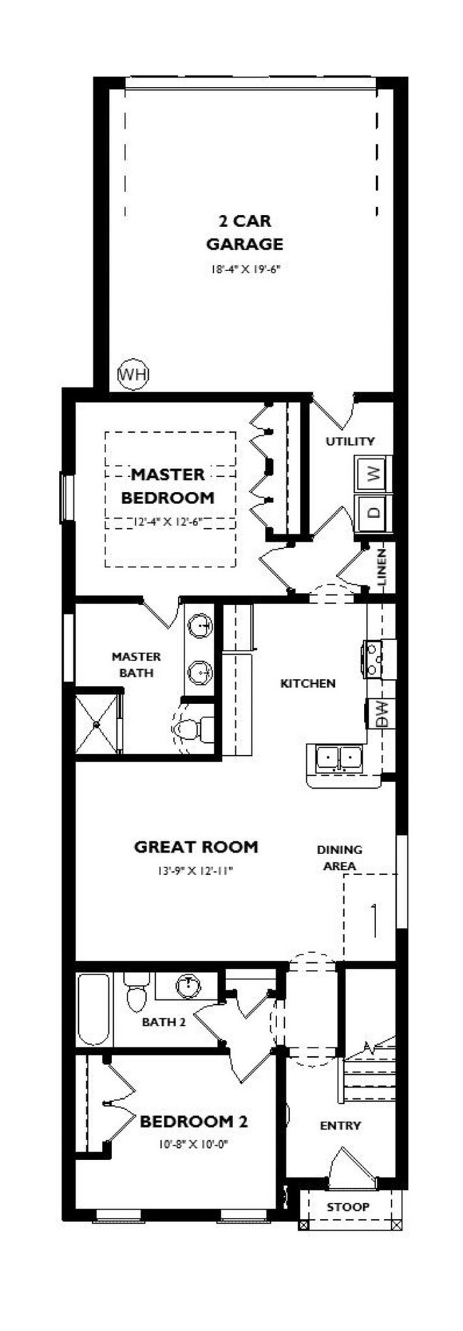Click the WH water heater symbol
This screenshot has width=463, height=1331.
point(132,374)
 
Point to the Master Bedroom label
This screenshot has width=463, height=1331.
point(168,485)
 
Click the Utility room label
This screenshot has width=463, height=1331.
point(350,441)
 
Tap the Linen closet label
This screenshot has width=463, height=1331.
point(382,567)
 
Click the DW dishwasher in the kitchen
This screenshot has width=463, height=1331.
point(380,714)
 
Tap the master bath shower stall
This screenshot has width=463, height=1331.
point(99,722)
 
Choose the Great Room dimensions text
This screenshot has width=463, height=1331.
point(196,870)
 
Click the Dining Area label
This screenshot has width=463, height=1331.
point(340,858)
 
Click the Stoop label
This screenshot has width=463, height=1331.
point(348,1206)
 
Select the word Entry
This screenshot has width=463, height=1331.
point(340,1125)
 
